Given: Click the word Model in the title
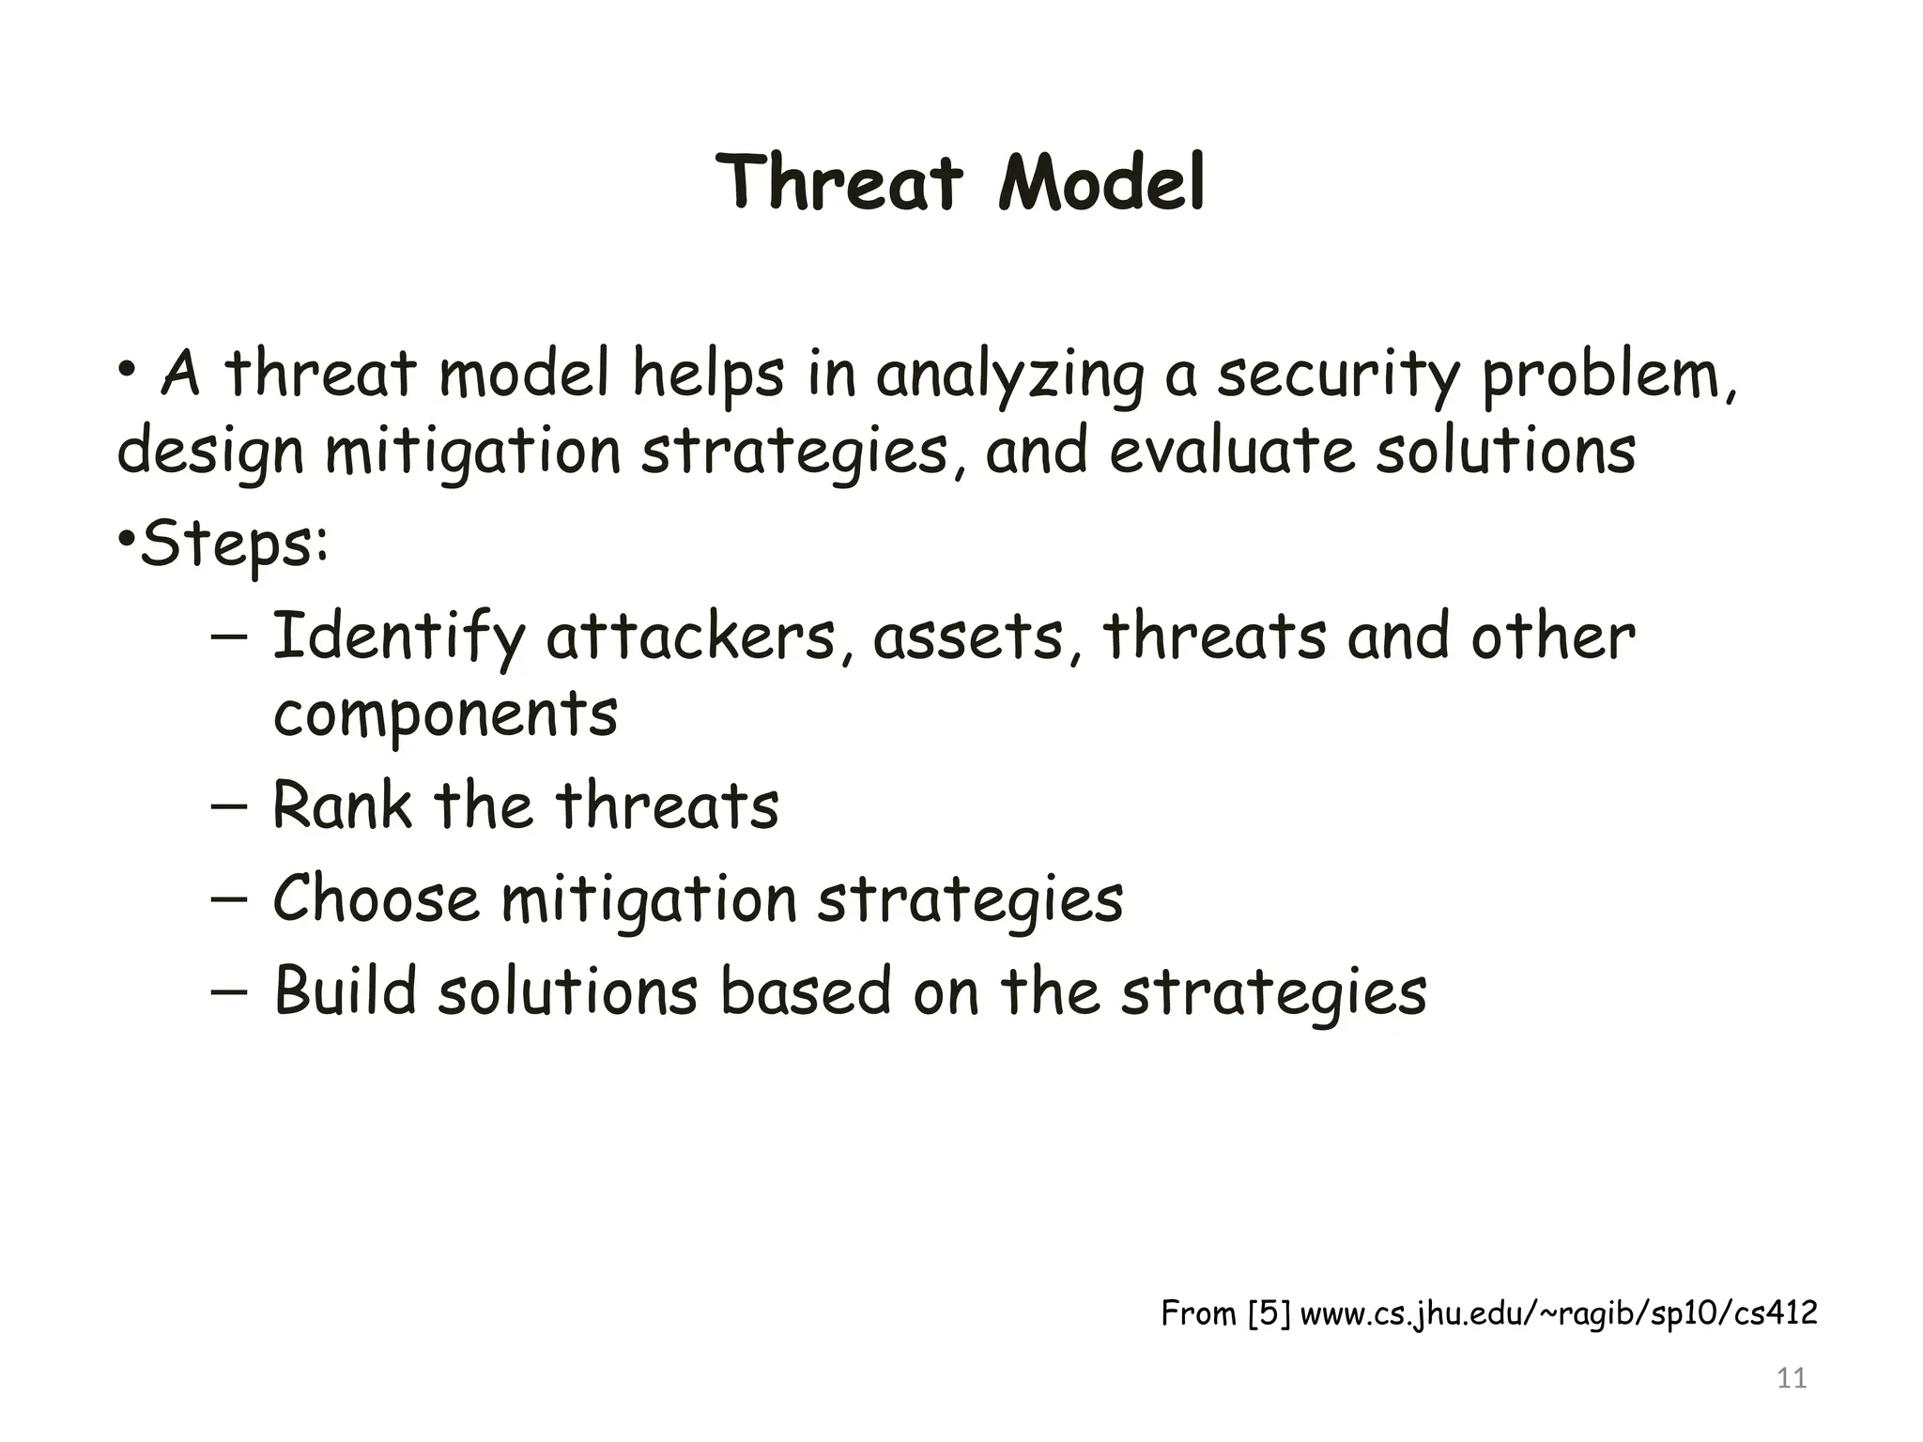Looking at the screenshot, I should click(1101, 183).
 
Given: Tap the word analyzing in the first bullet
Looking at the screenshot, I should click(1010, 376).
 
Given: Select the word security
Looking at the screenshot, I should click(1338, 376).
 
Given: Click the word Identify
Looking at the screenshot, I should click(398, 638).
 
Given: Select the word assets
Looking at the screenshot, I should click(968, 638).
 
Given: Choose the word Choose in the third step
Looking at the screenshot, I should click(376, 899).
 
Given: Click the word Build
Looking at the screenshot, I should click(345, 991).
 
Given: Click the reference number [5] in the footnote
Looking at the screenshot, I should click(1269, 1313).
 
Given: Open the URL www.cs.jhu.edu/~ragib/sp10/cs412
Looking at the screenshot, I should click(1559, 1313).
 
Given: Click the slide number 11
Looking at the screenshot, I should click(1792, 1378).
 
